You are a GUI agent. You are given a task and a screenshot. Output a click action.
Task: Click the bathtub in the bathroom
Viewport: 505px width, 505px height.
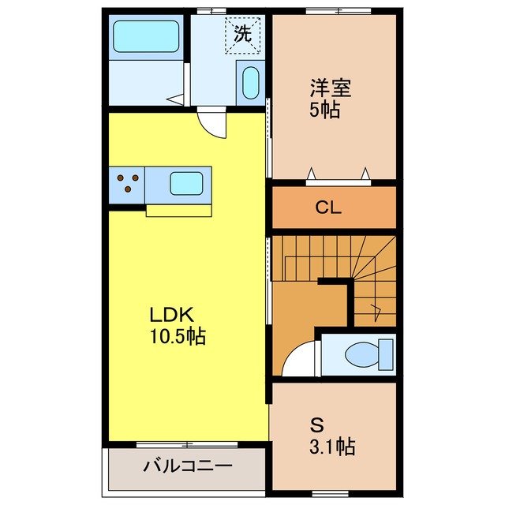pos(146,36)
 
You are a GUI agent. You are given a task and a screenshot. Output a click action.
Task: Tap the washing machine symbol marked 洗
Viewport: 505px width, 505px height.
pos(242,33)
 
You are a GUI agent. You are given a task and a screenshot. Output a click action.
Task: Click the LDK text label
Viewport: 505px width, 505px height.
pos(171,313)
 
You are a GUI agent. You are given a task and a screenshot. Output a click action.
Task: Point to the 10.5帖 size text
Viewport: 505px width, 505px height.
pos(178,337)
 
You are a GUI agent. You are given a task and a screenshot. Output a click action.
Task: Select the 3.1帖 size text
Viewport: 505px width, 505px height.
pos(331,447)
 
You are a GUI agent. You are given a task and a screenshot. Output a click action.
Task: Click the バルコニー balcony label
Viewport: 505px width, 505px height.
pos(188,466)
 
